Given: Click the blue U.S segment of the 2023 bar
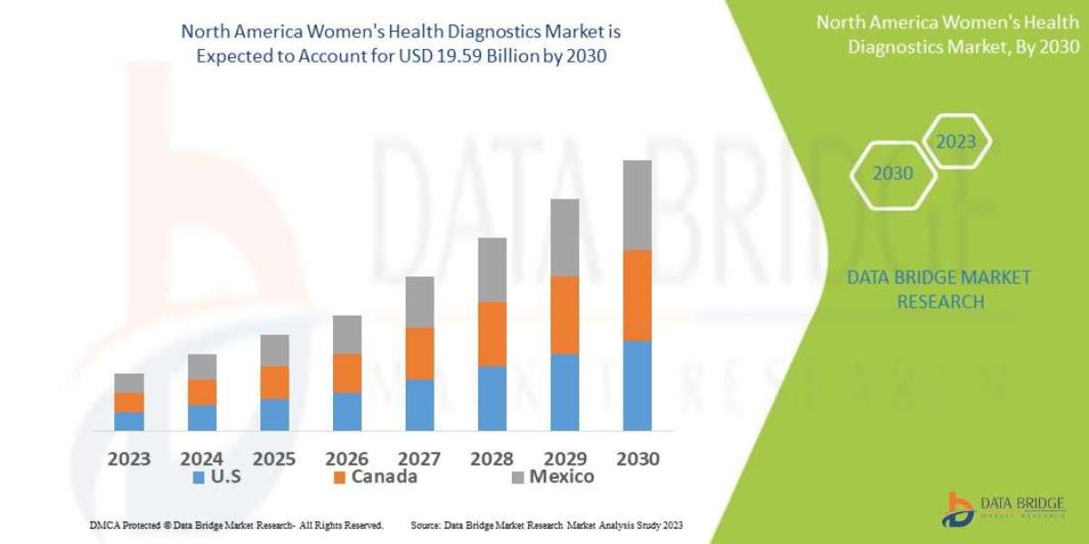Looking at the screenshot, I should point(129,421).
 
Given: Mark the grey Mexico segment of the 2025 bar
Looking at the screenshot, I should point(274,350).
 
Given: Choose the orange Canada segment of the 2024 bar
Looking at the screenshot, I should point(201,392).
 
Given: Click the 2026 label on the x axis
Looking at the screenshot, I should point(347,458).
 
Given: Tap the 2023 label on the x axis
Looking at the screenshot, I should point(129,458).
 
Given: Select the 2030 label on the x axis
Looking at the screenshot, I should point(637,458).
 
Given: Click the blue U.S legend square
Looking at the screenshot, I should point(197,477).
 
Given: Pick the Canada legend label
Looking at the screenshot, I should point(386,477).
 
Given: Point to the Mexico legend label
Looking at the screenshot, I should point(563,477).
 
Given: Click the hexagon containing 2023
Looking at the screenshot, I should point(956,141).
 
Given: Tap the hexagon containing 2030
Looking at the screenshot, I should point(893,173).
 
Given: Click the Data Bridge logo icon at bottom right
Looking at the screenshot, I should point(958,509).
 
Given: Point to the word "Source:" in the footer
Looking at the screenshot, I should point(426,525).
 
